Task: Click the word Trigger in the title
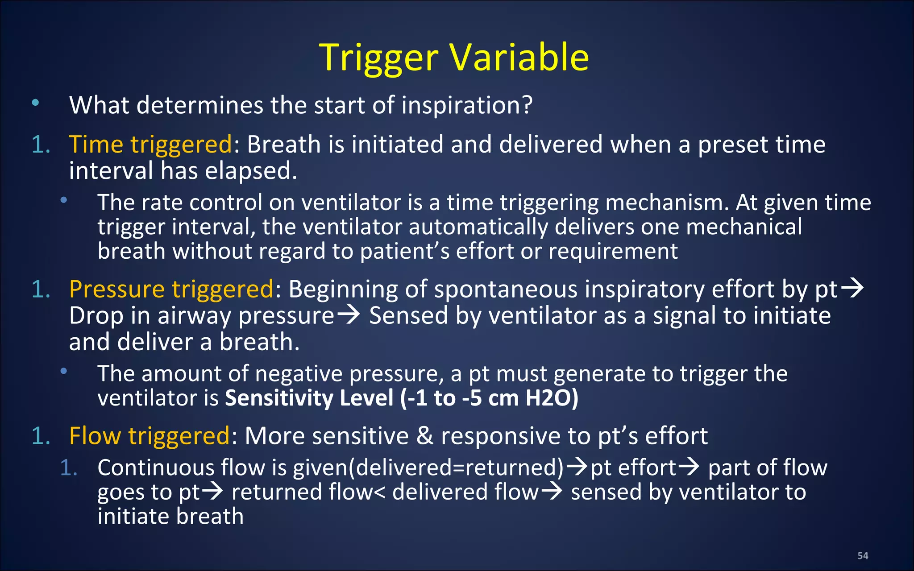coord(379,58)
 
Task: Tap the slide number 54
coord(862,556)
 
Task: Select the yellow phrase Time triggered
coord(150,145)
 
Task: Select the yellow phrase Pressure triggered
coord(171,289)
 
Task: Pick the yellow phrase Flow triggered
coord(150,436)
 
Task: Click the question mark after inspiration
coord(527,105)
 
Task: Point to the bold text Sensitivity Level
coord(309,398)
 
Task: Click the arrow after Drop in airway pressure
coord(348,315)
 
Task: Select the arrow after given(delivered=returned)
coord(577,467)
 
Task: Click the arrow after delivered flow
coord(552,492)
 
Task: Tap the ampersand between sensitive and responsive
coord(424,436)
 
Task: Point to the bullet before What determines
coord(35,103)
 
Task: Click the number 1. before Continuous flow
coord(69,468)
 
